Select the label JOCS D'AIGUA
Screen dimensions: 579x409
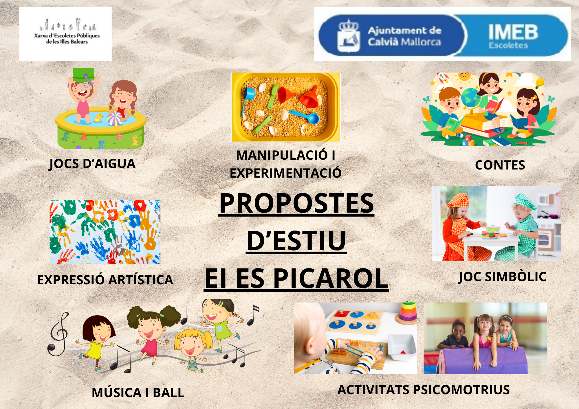pyautogui.click(x=92, y=164)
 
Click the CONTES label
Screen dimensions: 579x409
pyautogui.click(x=500, y=165)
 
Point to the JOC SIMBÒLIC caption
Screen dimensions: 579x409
pyautogui.click(x=502, y=277)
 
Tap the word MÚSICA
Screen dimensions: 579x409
pyautogui.click(x=117, y=393)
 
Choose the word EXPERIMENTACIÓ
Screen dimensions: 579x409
pyautogui.click(x=286, y=173)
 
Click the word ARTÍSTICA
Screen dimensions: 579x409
pyautogui.click(x=141, y=280)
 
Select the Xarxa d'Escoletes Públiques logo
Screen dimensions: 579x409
pyautogui.click(x=66, y=34)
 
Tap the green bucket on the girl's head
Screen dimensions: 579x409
pyautogui.click(x=83, y=75)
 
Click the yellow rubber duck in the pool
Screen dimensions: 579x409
pyautogui.click(x=98, y=117)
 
